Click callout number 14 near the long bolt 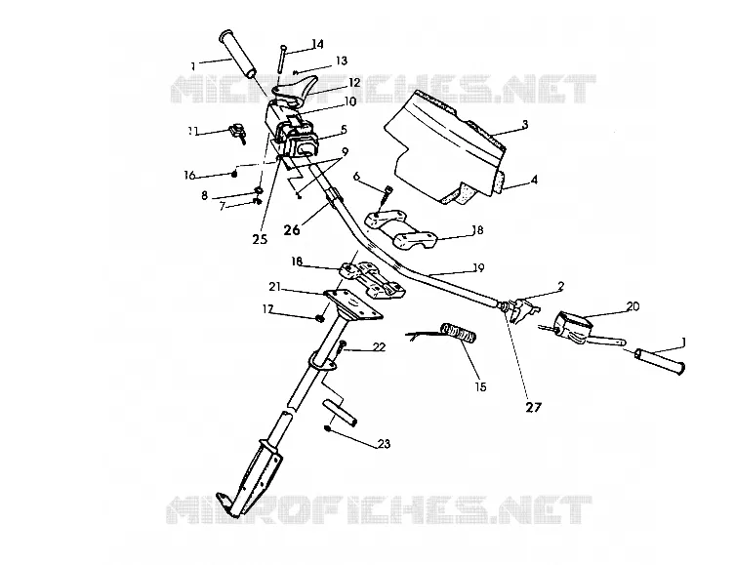tap(317, 44)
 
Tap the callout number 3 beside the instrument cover tap(525, 124)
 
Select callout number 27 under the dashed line tap(533, 407)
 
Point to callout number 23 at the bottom tap(384, 444)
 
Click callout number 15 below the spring tap(481, 386)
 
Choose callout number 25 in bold tap(260, 239)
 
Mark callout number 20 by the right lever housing tap(632, 306)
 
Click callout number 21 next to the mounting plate tap(274, 287)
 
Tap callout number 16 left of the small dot tap(189, 175)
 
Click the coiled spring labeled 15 tap(459, 332)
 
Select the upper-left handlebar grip tap(238, 55)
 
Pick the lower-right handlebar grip tap(660, 361)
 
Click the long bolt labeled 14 tap(282, 59)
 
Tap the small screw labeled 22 tap(343, 347)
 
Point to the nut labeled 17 tap(320, 318)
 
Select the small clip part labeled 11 tap(237, 132)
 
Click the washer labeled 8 tap(259, 190)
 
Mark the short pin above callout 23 tap(340, 411)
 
